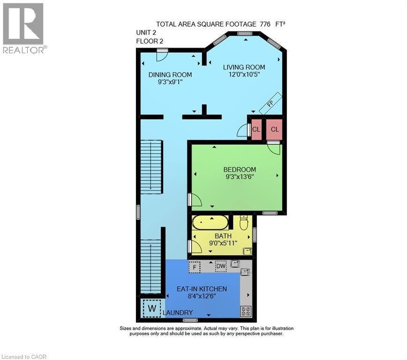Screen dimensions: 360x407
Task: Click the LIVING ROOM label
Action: coord(244,67)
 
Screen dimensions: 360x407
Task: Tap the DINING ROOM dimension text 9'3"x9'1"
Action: coord(170,82)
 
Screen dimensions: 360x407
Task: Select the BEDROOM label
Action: coord(239,169)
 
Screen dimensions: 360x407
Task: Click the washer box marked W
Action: coord(151,308)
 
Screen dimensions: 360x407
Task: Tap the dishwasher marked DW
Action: coord(221,266)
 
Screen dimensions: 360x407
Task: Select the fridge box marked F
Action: coord(194,267)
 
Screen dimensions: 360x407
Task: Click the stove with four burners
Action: coord(246,311)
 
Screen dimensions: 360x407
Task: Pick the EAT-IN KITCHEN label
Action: coord(202,289)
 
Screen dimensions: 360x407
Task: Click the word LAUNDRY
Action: coord(178,313)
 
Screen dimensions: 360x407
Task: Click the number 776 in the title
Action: coord(264,24)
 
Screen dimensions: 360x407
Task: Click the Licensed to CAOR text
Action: coord(24,357)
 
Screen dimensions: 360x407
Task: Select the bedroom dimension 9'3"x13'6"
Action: coord(239,177)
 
